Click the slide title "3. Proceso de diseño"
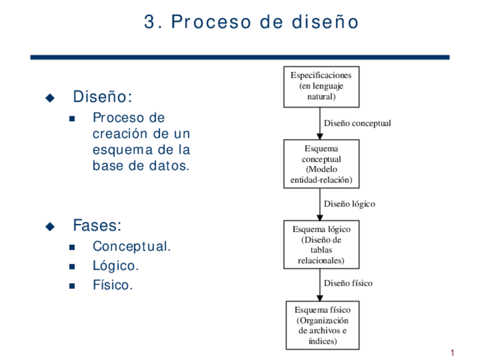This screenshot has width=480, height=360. coord(251,22)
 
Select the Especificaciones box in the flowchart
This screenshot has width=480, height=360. coord(321,87)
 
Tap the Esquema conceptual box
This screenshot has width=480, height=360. coord(321,164)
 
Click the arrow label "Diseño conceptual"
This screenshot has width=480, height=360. coord(357,123)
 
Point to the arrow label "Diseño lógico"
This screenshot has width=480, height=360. coord(349,204)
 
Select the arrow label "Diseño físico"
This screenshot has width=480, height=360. coord(348,283)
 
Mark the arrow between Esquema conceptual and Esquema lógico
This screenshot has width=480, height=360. coord(320,204)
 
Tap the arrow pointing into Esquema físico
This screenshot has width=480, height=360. coord(320,285)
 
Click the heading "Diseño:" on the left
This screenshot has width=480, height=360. coord(102,97)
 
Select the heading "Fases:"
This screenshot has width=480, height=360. coord(97,226)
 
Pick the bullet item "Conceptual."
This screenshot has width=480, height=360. coord(131,247)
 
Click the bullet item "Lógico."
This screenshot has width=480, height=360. coord(115,266)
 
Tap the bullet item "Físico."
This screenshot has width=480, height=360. coord(113,285)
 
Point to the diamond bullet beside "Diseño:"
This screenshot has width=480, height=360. coord(50,98)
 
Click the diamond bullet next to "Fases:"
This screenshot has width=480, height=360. coord(50,226)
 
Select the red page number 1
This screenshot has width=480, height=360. coord(452,353)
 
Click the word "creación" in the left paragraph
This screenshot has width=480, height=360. coord(118,134)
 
